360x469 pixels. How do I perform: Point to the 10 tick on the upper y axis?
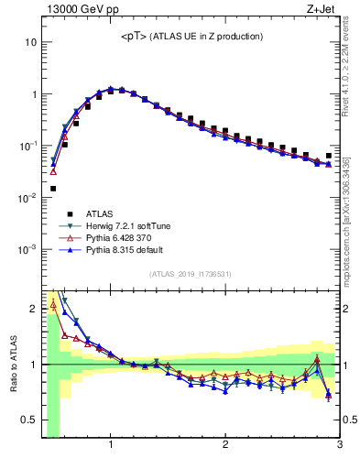(x=30, y=42)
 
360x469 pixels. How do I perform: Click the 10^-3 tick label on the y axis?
(x=27, y=249)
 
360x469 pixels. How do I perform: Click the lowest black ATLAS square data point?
(x=53, y=189)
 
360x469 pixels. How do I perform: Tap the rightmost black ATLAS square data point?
(x=329, y=156)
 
